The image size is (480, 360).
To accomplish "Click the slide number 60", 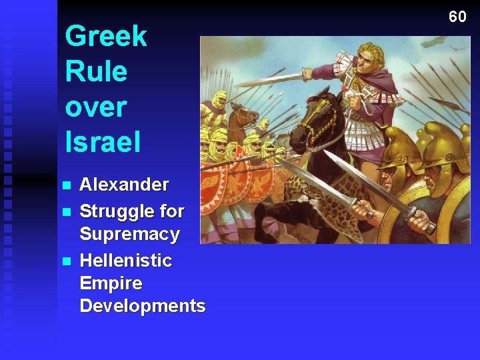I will pos(457,17).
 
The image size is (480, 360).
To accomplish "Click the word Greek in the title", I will pos(106,36).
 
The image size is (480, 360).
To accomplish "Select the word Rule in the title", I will pos(96,71).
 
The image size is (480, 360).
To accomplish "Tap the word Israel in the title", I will pos(103,141).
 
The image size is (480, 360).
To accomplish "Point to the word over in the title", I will pos(96,107).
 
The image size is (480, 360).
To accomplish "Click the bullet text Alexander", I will pos(124,185).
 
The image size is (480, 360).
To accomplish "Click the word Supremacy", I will pos(129,234).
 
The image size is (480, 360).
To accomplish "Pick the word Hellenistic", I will pos(125,260).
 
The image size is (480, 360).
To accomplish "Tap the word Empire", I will pos(111,283).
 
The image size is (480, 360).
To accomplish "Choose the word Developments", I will pos(142,306).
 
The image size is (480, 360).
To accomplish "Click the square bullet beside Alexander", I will pos(65,185).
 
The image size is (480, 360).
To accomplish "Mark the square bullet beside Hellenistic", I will pos(65,260).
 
